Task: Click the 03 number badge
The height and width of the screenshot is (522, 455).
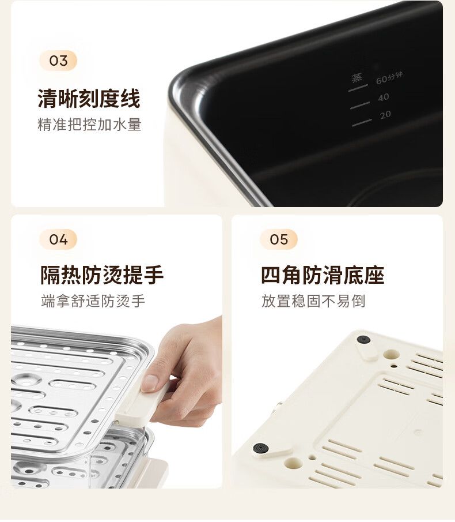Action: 58,61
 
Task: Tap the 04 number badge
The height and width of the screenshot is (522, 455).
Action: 58,239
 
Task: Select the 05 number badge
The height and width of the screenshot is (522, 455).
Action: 279,239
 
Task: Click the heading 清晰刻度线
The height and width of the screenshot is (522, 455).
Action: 89,99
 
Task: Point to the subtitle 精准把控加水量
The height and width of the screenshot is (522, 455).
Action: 89,125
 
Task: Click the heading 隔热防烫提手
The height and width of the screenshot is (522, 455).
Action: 102,275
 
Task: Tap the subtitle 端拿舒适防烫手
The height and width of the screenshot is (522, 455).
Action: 93,301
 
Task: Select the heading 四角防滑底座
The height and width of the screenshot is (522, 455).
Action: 323,275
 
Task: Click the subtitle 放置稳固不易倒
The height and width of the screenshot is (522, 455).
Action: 313,301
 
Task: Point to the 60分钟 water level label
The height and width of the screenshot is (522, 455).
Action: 389,78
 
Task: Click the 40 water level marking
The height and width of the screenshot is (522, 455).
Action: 383,97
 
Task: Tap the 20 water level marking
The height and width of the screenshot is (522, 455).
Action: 385,115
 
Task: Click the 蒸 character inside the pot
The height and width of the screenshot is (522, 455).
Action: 357,78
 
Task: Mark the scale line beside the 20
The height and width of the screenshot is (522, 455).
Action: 362,122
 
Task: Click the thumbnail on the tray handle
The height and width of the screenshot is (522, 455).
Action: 150,383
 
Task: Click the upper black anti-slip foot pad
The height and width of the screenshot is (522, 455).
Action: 363,340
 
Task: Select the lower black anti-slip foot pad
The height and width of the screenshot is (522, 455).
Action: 261,448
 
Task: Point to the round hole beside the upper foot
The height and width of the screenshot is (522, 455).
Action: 391,354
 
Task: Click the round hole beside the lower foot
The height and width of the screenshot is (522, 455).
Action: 294,462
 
